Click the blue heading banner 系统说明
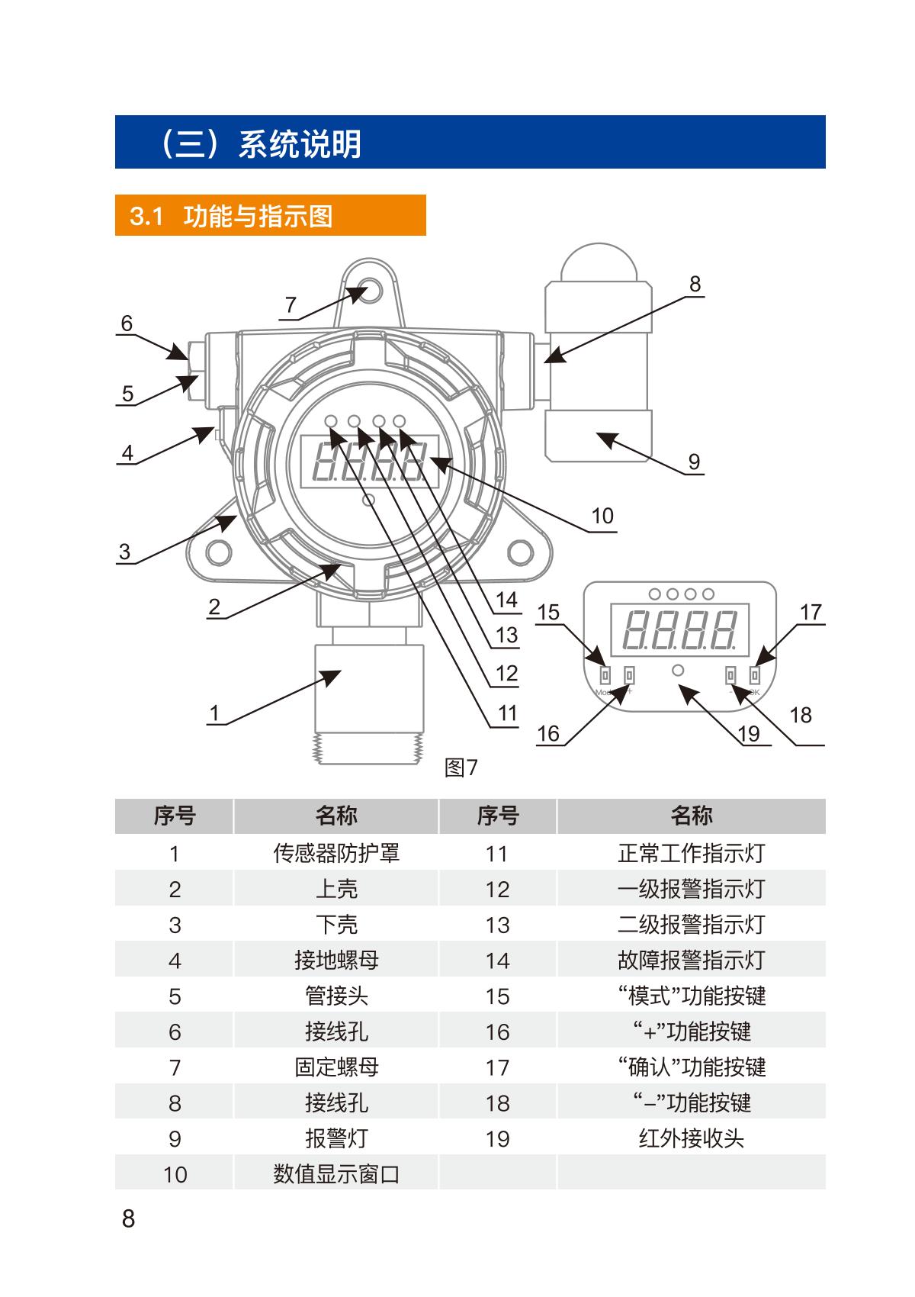point(470,143)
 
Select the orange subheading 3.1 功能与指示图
point(270,216)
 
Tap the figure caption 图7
point(461,768)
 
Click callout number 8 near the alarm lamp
point(695,285)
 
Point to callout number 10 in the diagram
point(602,517)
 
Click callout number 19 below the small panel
point(749,734)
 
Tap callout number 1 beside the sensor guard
point(214,713)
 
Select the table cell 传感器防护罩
point(336,853)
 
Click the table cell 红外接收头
point(691,1138)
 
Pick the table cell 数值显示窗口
point(336,1174)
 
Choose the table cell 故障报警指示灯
point(691,960)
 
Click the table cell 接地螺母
point(336,960)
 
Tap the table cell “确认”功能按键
point(691,1067)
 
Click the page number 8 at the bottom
point(128,1218)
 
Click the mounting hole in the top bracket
point(369,291)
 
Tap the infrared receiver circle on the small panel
point(677,671)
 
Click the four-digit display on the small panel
point(679,629)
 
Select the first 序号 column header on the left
point(175,816)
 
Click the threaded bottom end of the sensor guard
point(368,749)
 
